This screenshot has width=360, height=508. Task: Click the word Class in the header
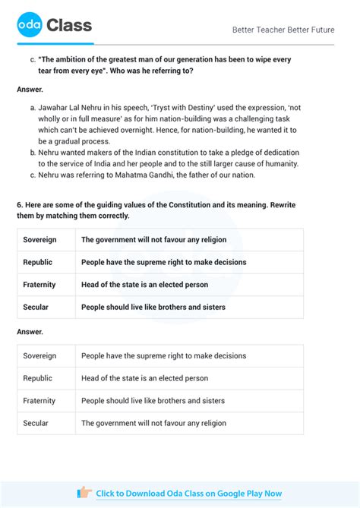pos(69,27)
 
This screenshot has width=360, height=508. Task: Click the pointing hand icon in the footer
pos(84,493)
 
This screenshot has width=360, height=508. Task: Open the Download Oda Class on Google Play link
pos(188,494)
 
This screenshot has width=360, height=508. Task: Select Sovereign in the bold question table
pos(39,240)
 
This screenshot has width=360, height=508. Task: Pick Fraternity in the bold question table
pos(39,285)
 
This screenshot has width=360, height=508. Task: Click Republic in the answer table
pos(38,378)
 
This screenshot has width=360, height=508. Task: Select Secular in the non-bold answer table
pos(36,423)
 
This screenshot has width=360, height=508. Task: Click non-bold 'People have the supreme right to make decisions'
pos(163,355)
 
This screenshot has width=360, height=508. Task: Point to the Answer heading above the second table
pos(30,332)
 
